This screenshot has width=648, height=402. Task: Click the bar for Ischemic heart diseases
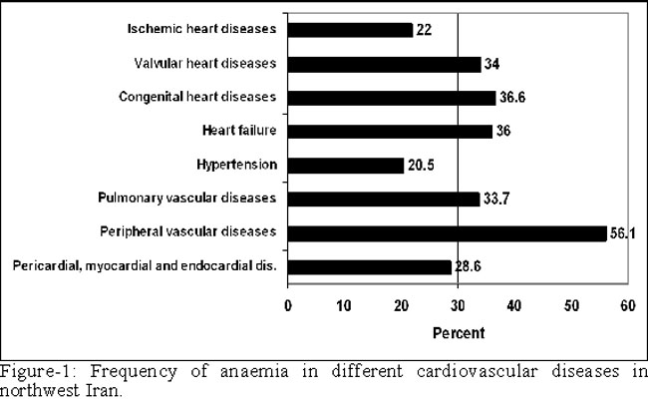click(x=350, y=30)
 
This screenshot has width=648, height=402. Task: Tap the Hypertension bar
click(x=346, y=165)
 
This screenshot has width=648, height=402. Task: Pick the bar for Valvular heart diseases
click(x=385, y=64)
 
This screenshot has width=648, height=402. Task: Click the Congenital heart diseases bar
click(x=392, y=98)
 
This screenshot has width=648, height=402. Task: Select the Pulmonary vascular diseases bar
click(x=384, y=199)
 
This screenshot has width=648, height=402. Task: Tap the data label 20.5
click(x=423, y=166)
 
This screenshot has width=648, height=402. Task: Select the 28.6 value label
click(x=470, y=267)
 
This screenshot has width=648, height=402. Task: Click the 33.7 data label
click(x=497, y=199)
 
